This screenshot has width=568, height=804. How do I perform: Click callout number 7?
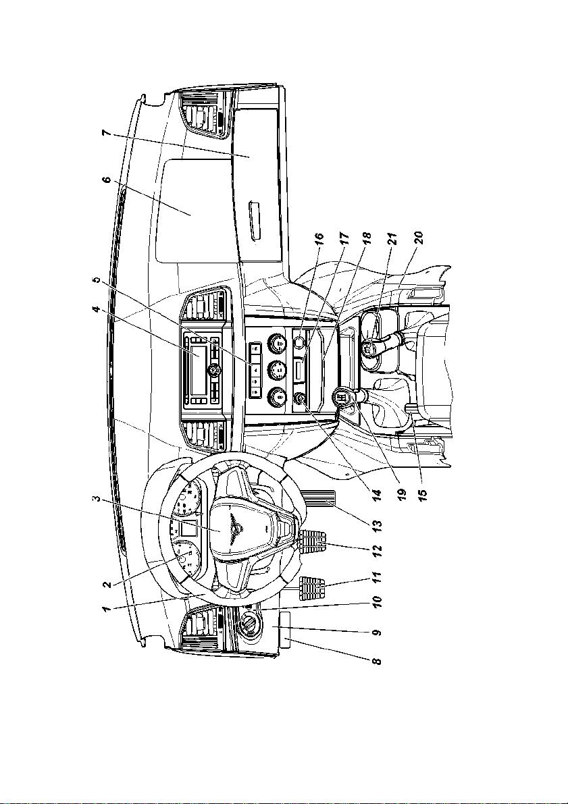[x=106, y=134]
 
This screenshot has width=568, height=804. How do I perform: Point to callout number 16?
[x=319, y=242]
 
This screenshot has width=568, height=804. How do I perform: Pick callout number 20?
[x=419, y=240]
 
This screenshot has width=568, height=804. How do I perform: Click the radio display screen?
[x=199, y=370]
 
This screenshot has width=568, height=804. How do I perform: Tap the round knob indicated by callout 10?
[x=249, y=624]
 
